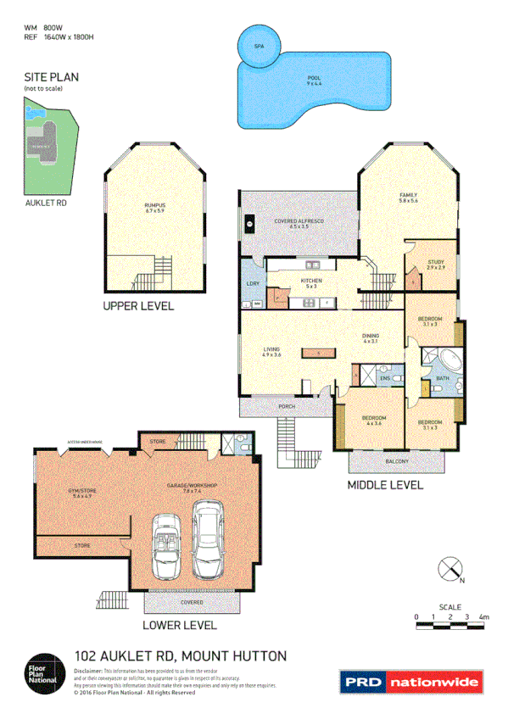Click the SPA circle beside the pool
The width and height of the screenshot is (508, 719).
pyautogui.click(x=259, y=46)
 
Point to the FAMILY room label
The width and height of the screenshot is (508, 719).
pyautogui.click(x=409, y=198)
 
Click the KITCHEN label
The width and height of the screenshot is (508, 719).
pyautogui.click(x=311, y=283)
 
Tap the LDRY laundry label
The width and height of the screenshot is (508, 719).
pyautogui.click(x=252, y=282)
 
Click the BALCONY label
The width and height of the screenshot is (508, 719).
pyautogui.click(x=396, y=461)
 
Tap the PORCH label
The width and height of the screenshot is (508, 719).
pyautogui.click(x=287, y=407)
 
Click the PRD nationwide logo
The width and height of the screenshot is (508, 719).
pyautogui.click(x=410, y=681)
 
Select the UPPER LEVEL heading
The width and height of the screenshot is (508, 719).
pyautogui.click(x=138, y=306)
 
